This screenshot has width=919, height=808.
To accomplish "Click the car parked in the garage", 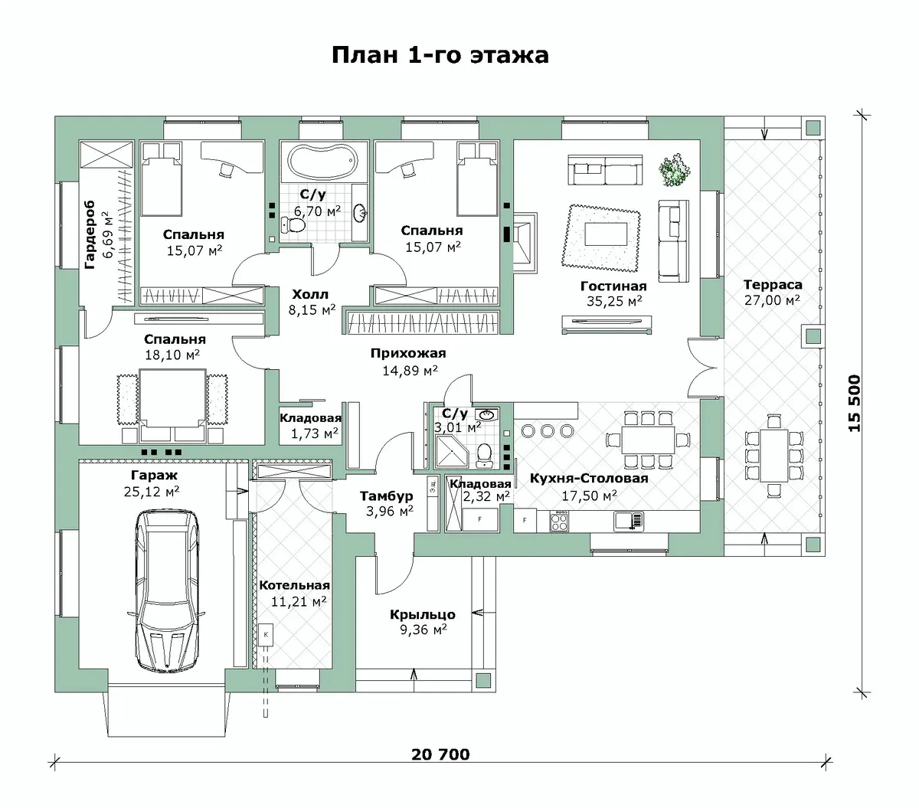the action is [x=167, y=590].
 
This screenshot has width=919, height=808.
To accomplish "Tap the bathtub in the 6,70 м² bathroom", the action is [x=324, y=162].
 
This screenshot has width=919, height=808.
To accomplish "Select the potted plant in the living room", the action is [x=675, y=170].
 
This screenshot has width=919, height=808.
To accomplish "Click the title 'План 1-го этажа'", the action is [x=440, y=55].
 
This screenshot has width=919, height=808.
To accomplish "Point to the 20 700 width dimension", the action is [x=440, y=754].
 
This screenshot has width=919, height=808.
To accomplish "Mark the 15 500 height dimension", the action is [x=854, y=403].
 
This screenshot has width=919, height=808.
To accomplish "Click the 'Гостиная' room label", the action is [x=613, y=286].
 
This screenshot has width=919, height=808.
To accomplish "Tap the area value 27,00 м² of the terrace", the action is [x=772, y=300].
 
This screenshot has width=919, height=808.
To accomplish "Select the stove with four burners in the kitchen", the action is [x=559, y=521].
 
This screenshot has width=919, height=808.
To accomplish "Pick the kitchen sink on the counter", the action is [x=629, y=521].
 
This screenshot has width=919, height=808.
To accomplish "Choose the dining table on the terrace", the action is [x=773, y=455].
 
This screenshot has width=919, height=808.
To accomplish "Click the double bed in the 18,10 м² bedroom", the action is [x=172, y=404].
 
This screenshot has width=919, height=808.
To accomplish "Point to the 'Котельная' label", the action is [x=294, y=585].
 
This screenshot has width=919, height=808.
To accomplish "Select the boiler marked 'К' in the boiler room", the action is [x=266, y=635].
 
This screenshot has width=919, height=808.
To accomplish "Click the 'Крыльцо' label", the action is [x=422, y=615].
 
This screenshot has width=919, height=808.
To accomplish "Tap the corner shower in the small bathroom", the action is [x=451, y=451].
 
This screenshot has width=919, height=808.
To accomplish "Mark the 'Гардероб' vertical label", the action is [x=90, y=234].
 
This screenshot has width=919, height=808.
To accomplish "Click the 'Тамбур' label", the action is [x=387, y=496].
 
